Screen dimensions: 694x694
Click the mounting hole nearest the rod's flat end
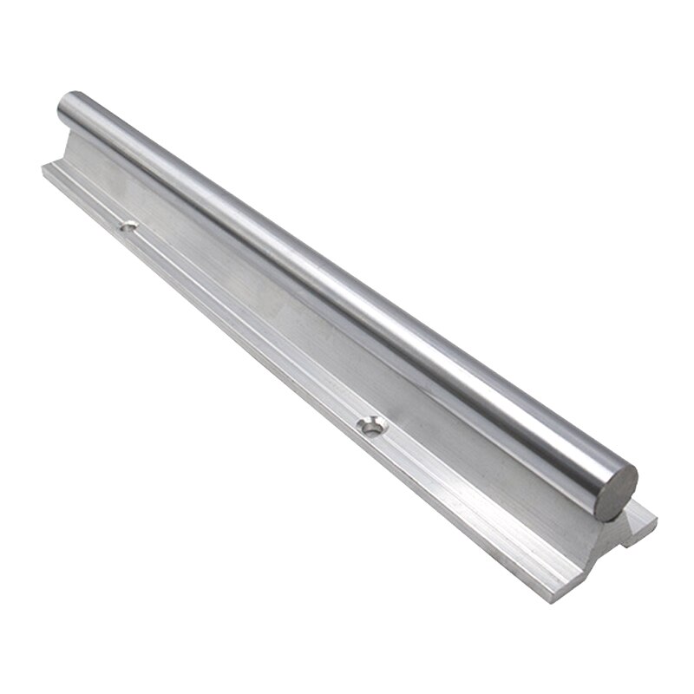(373, 425)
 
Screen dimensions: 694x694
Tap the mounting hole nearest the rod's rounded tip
(128, 226)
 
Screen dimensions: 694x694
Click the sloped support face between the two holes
(260, 295)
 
